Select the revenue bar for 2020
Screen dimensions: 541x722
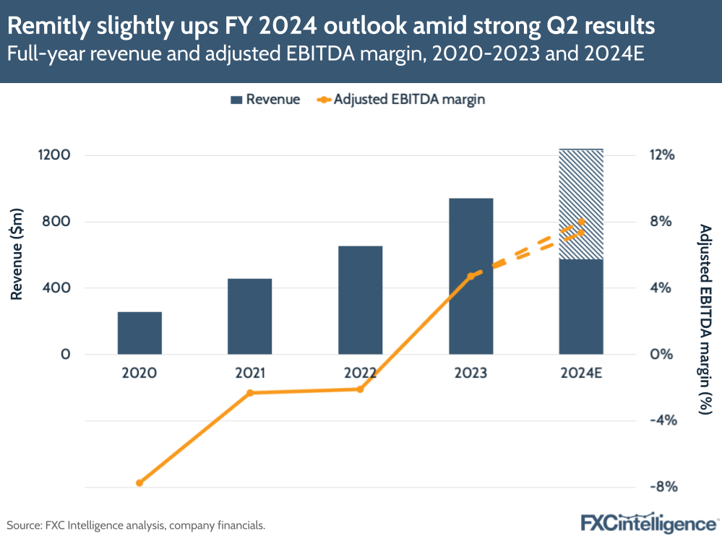pyautogui.click(x=139, y=333)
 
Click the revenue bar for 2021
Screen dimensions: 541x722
pyautogui.click(x=249, y=316)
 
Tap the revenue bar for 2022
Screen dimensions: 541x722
pyautogui.click(x=360, y=300)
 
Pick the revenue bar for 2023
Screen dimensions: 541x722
pyautogui.click(x=470, y=276)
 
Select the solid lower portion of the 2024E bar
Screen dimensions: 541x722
pyautogui.click(x=581, y=306)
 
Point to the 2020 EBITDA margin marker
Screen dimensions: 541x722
pyautogui.click(x=139, y=482)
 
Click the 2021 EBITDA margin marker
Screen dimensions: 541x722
pyautogui.click(x=250, y=393)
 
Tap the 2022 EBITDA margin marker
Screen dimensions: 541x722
pyautogui.click(x=360, y=389)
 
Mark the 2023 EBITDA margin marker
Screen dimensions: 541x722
pyautogui.click(x=470, y=276)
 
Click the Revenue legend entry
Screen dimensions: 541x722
pyautogui.click(x=265, y=100)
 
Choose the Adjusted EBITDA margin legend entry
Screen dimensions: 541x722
pyautogui.click(x=400, y=100)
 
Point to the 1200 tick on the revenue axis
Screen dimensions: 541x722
pyautogui.click(x=55, y=155)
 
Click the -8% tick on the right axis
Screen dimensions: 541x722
pyautogui.click(x=662, y=487)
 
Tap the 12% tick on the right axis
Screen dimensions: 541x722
pyautogui.click(x=662, y=155)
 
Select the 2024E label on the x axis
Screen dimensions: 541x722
pyautogui.click(x=581, y=373)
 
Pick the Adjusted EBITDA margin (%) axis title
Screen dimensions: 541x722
pyautogui.click(x=705, y=319)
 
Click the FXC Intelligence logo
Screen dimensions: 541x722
pyautogui.click(x=648, y=522)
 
